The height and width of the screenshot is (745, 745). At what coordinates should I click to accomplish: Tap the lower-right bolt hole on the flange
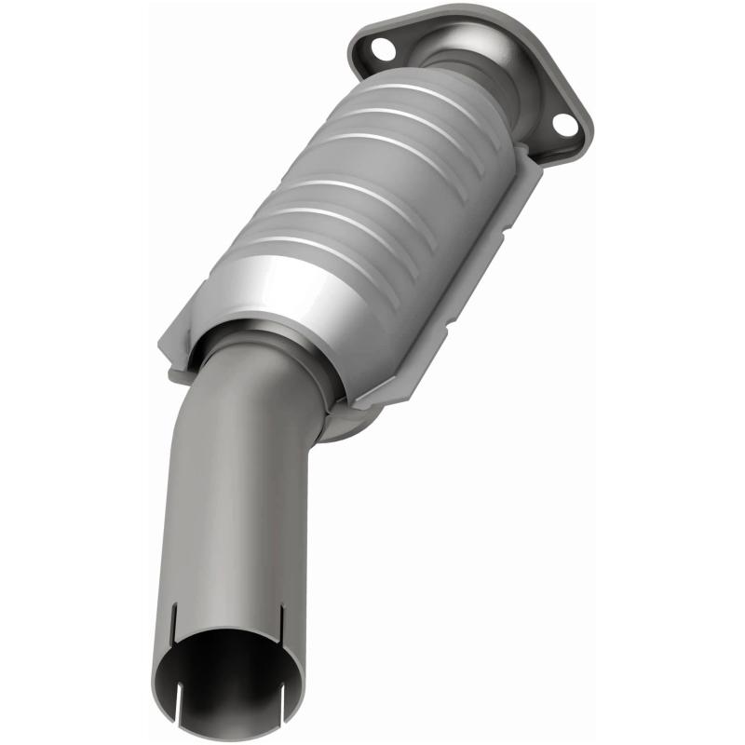tap(562, 123)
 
